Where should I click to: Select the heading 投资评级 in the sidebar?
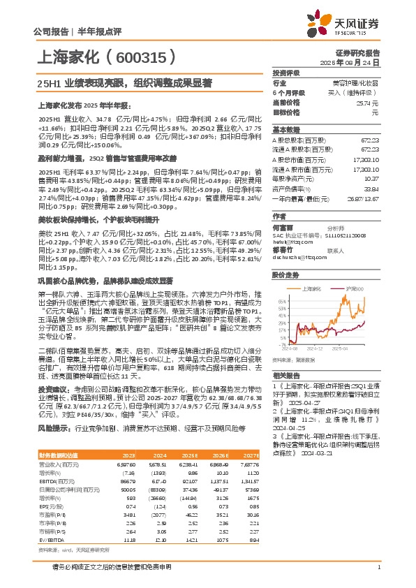pos(285,73)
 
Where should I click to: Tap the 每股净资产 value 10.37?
pos(372,178)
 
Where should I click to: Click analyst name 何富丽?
pos(283,227)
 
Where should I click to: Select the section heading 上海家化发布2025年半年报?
pos(83,106)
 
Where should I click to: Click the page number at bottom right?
pos(378,567)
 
